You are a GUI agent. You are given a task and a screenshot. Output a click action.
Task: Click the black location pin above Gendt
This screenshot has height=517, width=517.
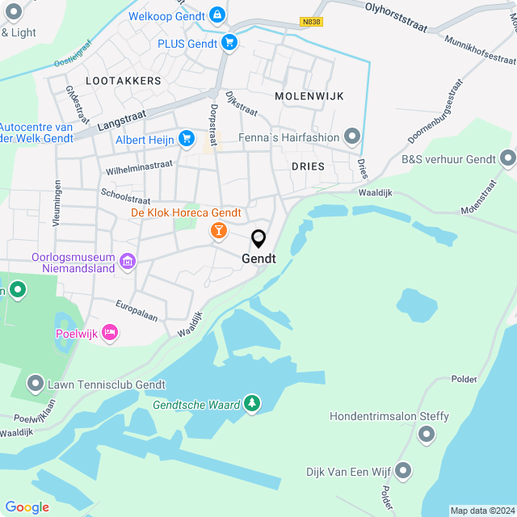tap(258, 239)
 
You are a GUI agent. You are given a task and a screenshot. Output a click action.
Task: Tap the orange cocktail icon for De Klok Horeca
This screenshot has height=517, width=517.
tap(218, 232)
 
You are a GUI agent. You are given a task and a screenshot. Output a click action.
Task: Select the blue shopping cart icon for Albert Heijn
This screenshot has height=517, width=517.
tap(187, 139)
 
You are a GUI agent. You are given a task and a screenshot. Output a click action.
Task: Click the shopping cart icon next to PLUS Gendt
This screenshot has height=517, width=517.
tap(230, 43)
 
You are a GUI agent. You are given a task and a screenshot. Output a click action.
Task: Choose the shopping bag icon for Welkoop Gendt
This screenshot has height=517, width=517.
tap(216, 14)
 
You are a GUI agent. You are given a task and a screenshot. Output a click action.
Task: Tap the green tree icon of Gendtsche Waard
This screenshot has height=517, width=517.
tap(252, 403)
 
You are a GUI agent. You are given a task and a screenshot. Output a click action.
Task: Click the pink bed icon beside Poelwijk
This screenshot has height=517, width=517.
tap(111, 333)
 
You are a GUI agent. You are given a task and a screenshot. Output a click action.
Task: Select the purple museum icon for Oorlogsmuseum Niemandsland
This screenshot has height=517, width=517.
tap(127, 261)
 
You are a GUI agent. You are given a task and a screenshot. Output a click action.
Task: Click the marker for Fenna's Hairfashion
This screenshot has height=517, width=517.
tap(351, 137)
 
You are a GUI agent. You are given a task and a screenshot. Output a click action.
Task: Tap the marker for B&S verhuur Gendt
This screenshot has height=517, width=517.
tap(507, 158)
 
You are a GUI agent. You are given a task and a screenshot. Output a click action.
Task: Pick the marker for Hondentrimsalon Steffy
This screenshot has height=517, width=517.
tap(427, 435)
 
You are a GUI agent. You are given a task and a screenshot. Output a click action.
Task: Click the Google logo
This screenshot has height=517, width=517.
tap(27, 507)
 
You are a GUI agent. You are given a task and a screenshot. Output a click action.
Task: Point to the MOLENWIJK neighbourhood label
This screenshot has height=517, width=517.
tap(309, 96)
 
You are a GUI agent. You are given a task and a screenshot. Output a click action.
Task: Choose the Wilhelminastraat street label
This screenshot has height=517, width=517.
tap(139, 167)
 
